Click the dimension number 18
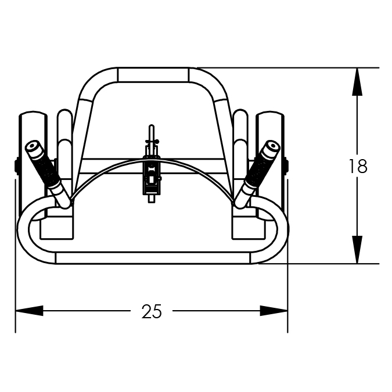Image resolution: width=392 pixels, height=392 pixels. pyautogui.click(x=358, y=167)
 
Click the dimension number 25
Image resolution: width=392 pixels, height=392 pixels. pyautogui.click(x=152, y=311)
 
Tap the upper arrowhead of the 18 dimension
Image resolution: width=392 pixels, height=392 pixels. pyautogui.click(x=357, y=82)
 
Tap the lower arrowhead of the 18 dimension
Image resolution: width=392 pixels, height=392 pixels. pyautogui.click(x=357, y=250)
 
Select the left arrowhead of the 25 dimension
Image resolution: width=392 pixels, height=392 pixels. pyautogui.click(x=29, y=311)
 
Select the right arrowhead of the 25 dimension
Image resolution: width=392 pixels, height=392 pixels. pyautogui.click(x=274, y=311)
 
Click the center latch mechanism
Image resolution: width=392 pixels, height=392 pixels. pyautogui.click(x=151, y=175)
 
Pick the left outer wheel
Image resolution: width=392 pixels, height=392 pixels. pyautogui.click(x=33, y=165)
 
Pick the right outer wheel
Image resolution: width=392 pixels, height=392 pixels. pyautogui.click(x=270, y=165)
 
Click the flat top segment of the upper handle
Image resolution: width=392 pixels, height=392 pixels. pyautogui.click(x=153, y=74)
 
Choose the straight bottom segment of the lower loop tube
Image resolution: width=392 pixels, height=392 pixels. pyautogui.click(x=153, y=258)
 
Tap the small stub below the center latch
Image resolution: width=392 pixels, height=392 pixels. pyautogui.click(x=151, y=199)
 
